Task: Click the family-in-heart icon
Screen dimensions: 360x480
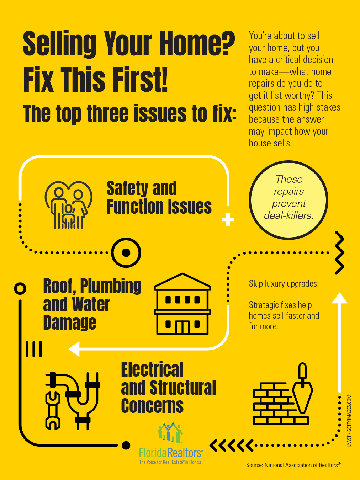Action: click(68, 205)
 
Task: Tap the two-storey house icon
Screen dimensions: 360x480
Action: click(182, 304)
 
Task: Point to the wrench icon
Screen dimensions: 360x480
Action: click(53, 410)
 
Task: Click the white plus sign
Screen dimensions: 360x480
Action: click(228, 219)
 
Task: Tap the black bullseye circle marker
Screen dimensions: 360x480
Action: click(126, 252)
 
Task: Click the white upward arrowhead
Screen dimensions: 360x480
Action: click(339, 298)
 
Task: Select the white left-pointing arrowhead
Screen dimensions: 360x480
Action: click(74, 349)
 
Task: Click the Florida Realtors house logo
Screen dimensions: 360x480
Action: click(170, 433)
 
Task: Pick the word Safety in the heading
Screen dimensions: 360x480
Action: click(128, 188)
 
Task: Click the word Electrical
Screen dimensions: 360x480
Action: click(152, 369)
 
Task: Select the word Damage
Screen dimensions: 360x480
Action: click(70, 323)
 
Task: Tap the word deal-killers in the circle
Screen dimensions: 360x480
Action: click(289, 215)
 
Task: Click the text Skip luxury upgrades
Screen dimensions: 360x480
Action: click(284, 284)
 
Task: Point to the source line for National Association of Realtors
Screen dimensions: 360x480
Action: click(293, 465)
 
